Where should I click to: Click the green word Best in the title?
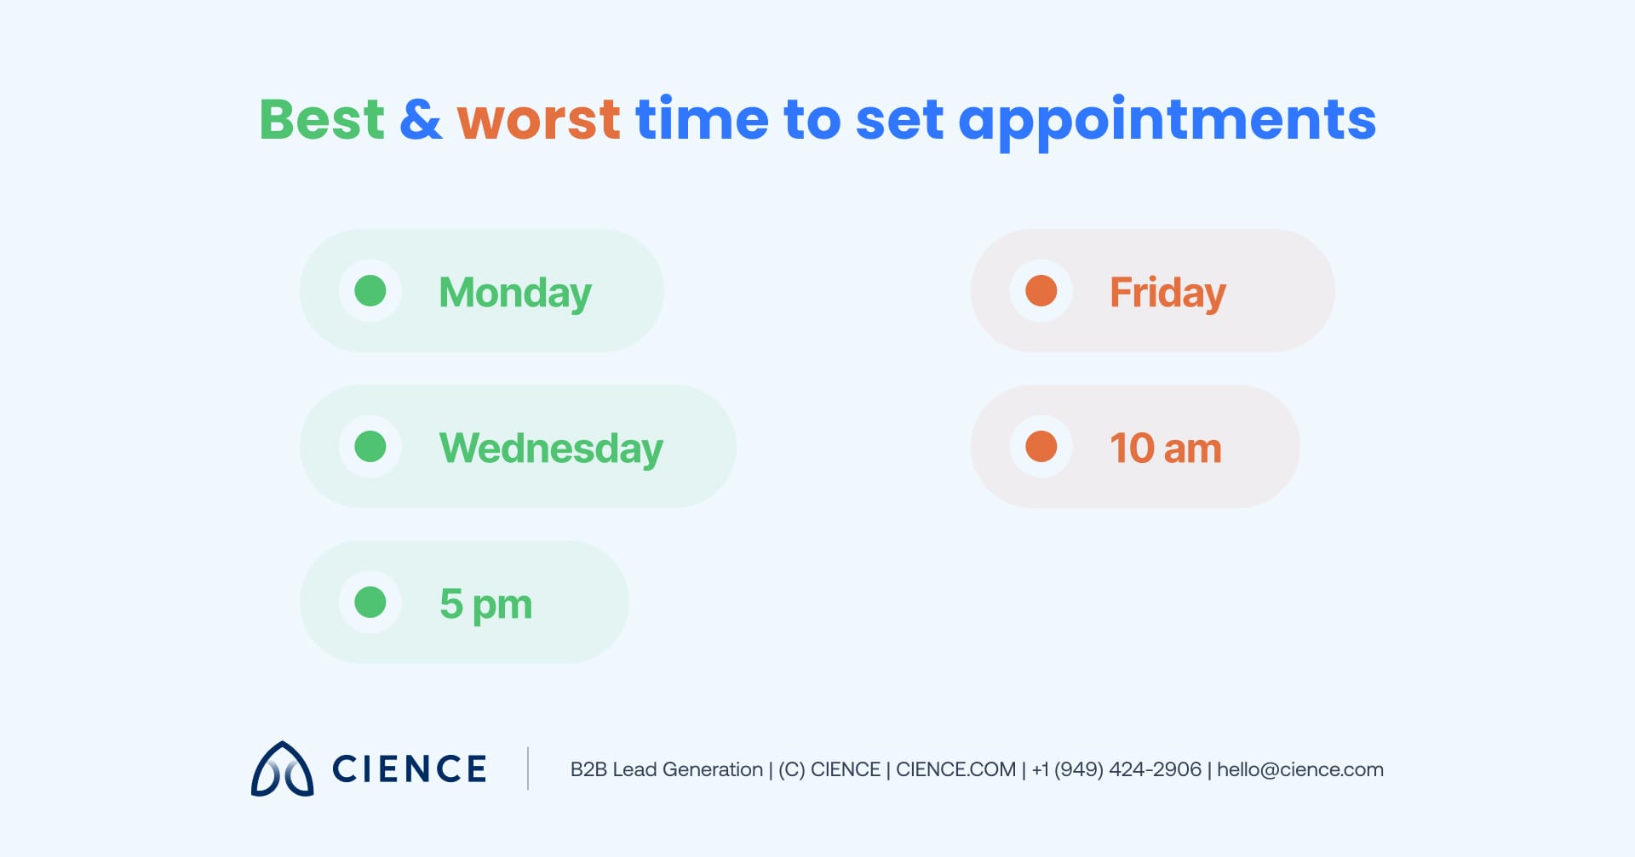point(322,119)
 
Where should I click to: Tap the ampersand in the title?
point(421,119)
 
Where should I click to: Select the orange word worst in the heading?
point(538,119)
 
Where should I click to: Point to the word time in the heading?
point(702,119)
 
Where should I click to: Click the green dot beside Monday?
point(370,291)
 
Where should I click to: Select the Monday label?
point(514,293)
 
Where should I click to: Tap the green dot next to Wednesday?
point(370,447)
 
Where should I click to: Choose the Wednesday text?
point(550,448)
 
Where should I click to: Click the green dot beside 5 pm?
point(370,603)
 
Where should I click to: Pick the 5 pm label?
point(485,604)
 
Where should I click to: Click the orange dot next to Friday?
point(1041,291)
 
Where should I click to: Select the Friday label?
point(1167,293)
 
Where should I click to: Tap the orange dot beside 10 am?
point(1041,447)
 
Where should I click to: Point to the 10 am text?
point(1165,448)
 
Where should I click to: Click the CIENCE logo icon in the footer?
point(282,769)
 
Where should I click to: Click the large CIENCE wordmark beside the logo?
point(409,769)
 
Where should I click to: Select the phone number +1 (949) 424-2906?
point(1116,769)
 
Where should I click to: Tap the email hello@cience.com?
point(1299,769)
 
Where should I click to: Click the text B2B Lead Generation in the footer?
point(666,769)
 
